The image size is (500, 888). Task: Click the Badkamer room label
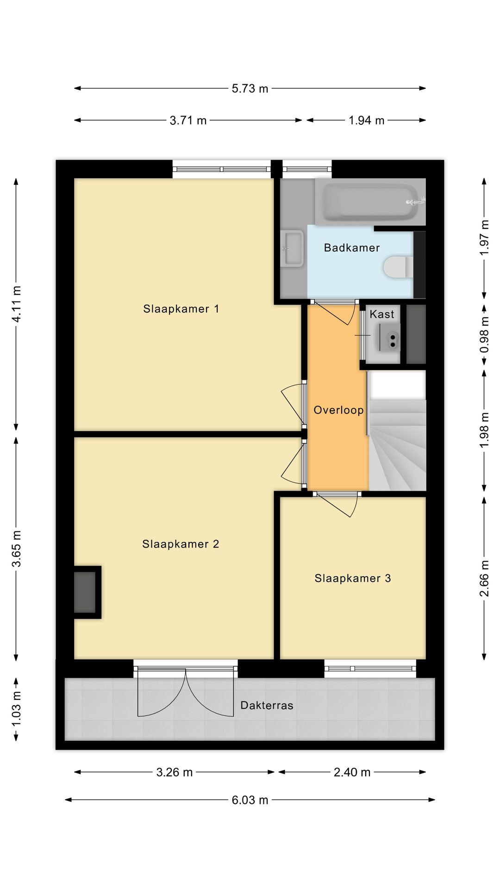tap(351, 248)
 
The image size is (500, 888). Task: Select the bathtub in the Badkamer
tap(370, 202)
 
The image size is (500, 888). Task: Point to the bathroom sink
tap(293, 248)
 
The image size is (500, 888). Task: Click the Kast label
tap(381, 314)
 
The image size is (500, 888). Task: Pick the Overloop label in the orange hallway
tap(338, 410)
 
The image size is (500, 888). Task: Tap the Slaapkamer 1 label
tap(181, 309)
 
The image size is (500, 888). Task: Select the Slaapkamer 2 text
tap(181, 544)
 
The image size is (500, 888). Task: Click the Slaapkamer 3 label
tap(353, 579)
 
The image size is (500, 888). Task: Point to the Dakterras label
tap(267, 706)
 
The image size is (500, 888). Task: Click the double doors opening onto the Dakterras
tap(186, 691)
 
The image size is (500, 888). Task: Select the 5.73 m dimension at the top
tap(250, 88)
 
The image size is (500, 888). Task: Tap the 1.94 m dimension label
tap(366, 120)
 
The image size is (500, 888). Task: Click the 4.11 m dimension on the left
tap(16, 304)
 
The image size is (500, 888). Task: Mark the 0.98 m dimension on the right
tap(484, 334)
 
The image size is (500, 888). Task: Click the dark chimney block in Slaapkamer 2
tap(85, 592)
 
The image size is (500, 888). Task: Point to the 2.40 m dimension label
tap(352, 772)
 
